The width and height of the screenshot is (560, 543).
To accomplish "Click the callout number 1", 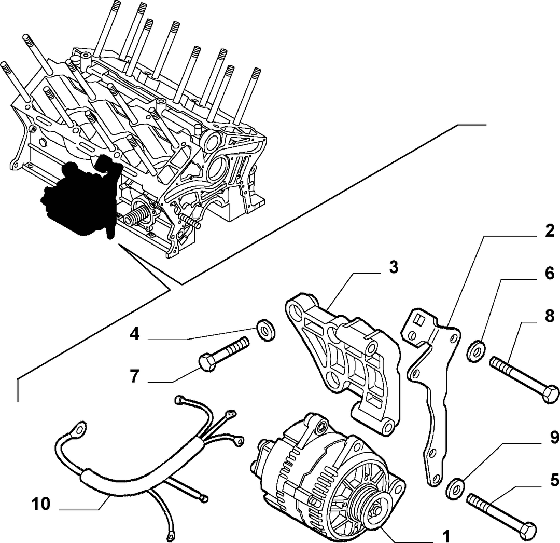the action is [445, 535].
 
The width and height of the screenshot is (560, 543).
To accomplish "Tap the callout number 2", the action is [549, 232].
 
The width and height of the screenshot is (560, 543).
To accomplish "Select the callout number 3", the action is [393, 267].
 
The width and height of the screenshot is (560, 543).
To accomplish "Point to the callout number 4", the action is [134, 335].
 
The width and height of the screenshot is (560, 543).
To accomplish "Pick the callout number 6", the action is [549, 274].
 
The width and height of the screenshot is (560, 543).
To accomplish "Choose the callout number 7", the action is [134, 376].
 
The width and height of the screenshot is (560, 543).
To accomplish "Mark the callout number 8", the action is [549, 316].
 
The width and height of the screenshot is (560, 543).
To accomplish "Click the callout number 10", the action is [41, 504].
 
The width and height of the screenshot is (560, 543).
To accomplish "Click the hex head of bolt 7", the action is [207, 363].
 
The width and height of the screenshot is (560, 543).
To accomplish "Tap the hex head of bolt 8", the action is [551, 394].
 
